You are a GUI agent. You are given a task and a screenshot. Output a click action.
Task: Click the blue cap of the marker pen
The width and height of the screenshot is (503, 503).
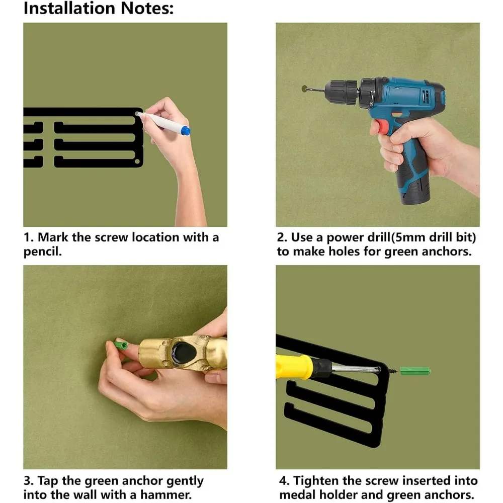(x=186, y=131)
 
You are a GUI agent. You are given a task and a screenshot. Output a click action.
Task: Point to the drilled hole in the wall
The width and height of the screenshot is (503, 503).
(x=305, y=89)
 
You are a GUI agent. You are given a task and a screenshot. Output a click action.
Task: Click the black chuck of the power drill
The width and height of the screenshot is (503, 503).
(x=342, y=90)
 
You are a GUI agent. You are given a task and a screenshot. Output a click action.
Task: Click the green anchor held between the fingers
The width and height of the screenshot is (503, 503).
(x=121, y=346)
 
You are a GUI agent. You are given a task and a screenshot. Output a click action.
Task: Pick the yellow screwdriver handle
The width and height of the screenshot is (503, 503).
(x=294, y=366)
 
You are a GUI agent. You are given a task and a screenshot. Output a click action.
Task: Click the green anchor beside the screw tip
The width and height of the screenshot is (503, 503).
(x=415, y=372)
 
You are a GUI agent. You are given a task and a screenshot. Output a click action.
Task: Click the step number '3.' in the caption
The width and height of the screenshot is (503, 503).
(x=29, y=481)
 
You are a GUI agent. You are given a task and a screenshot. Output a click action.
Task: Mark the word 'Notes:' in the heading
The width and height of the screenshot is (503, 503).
(x=147, y=9)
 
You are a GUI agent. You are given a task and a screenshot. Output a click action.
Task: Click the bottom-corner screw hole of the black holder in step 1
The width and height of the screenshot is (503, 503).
(x=137, y=161)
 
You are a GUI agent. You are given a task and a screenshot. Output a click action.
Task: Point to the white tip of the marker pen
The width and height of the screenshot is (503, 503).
(x=138, y=114)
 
